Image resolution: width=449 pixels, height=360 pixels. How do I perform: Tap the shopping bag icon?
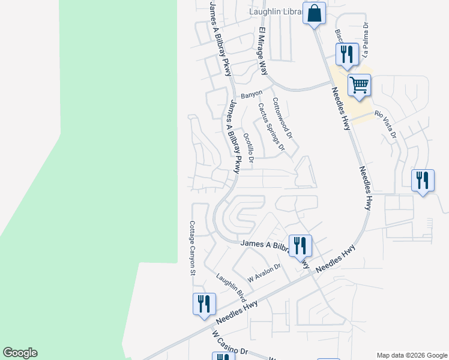(314, 13)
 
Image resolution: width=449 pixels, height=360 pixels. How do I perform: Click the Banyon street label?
(252, 95)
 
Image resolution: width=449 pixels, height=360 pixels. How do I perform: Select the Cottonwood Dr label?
(282, 118)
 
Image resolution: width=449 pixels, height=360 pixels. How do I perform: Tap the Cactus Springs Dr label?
(271, 126)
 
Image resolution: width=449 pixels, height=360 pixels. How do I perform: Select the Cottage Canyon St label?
(193, 248)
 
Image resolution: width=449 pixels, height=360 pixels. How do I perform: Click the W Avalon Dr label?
(265, 274)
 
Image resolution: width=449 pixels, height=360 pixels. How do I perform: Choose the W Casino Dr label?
(230, 344)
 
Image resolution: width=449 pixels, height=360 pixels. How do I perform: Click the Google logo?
(20, 353)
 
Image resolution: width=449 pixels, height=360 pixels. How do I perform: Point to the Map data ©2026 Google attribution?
(412, 355)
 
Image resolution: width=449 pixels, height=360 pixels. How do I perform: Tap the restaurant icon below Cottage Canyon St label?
(204, 304)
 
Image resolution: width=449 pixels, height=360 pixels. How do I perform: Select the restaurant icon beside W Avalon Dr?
(300, 245)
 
